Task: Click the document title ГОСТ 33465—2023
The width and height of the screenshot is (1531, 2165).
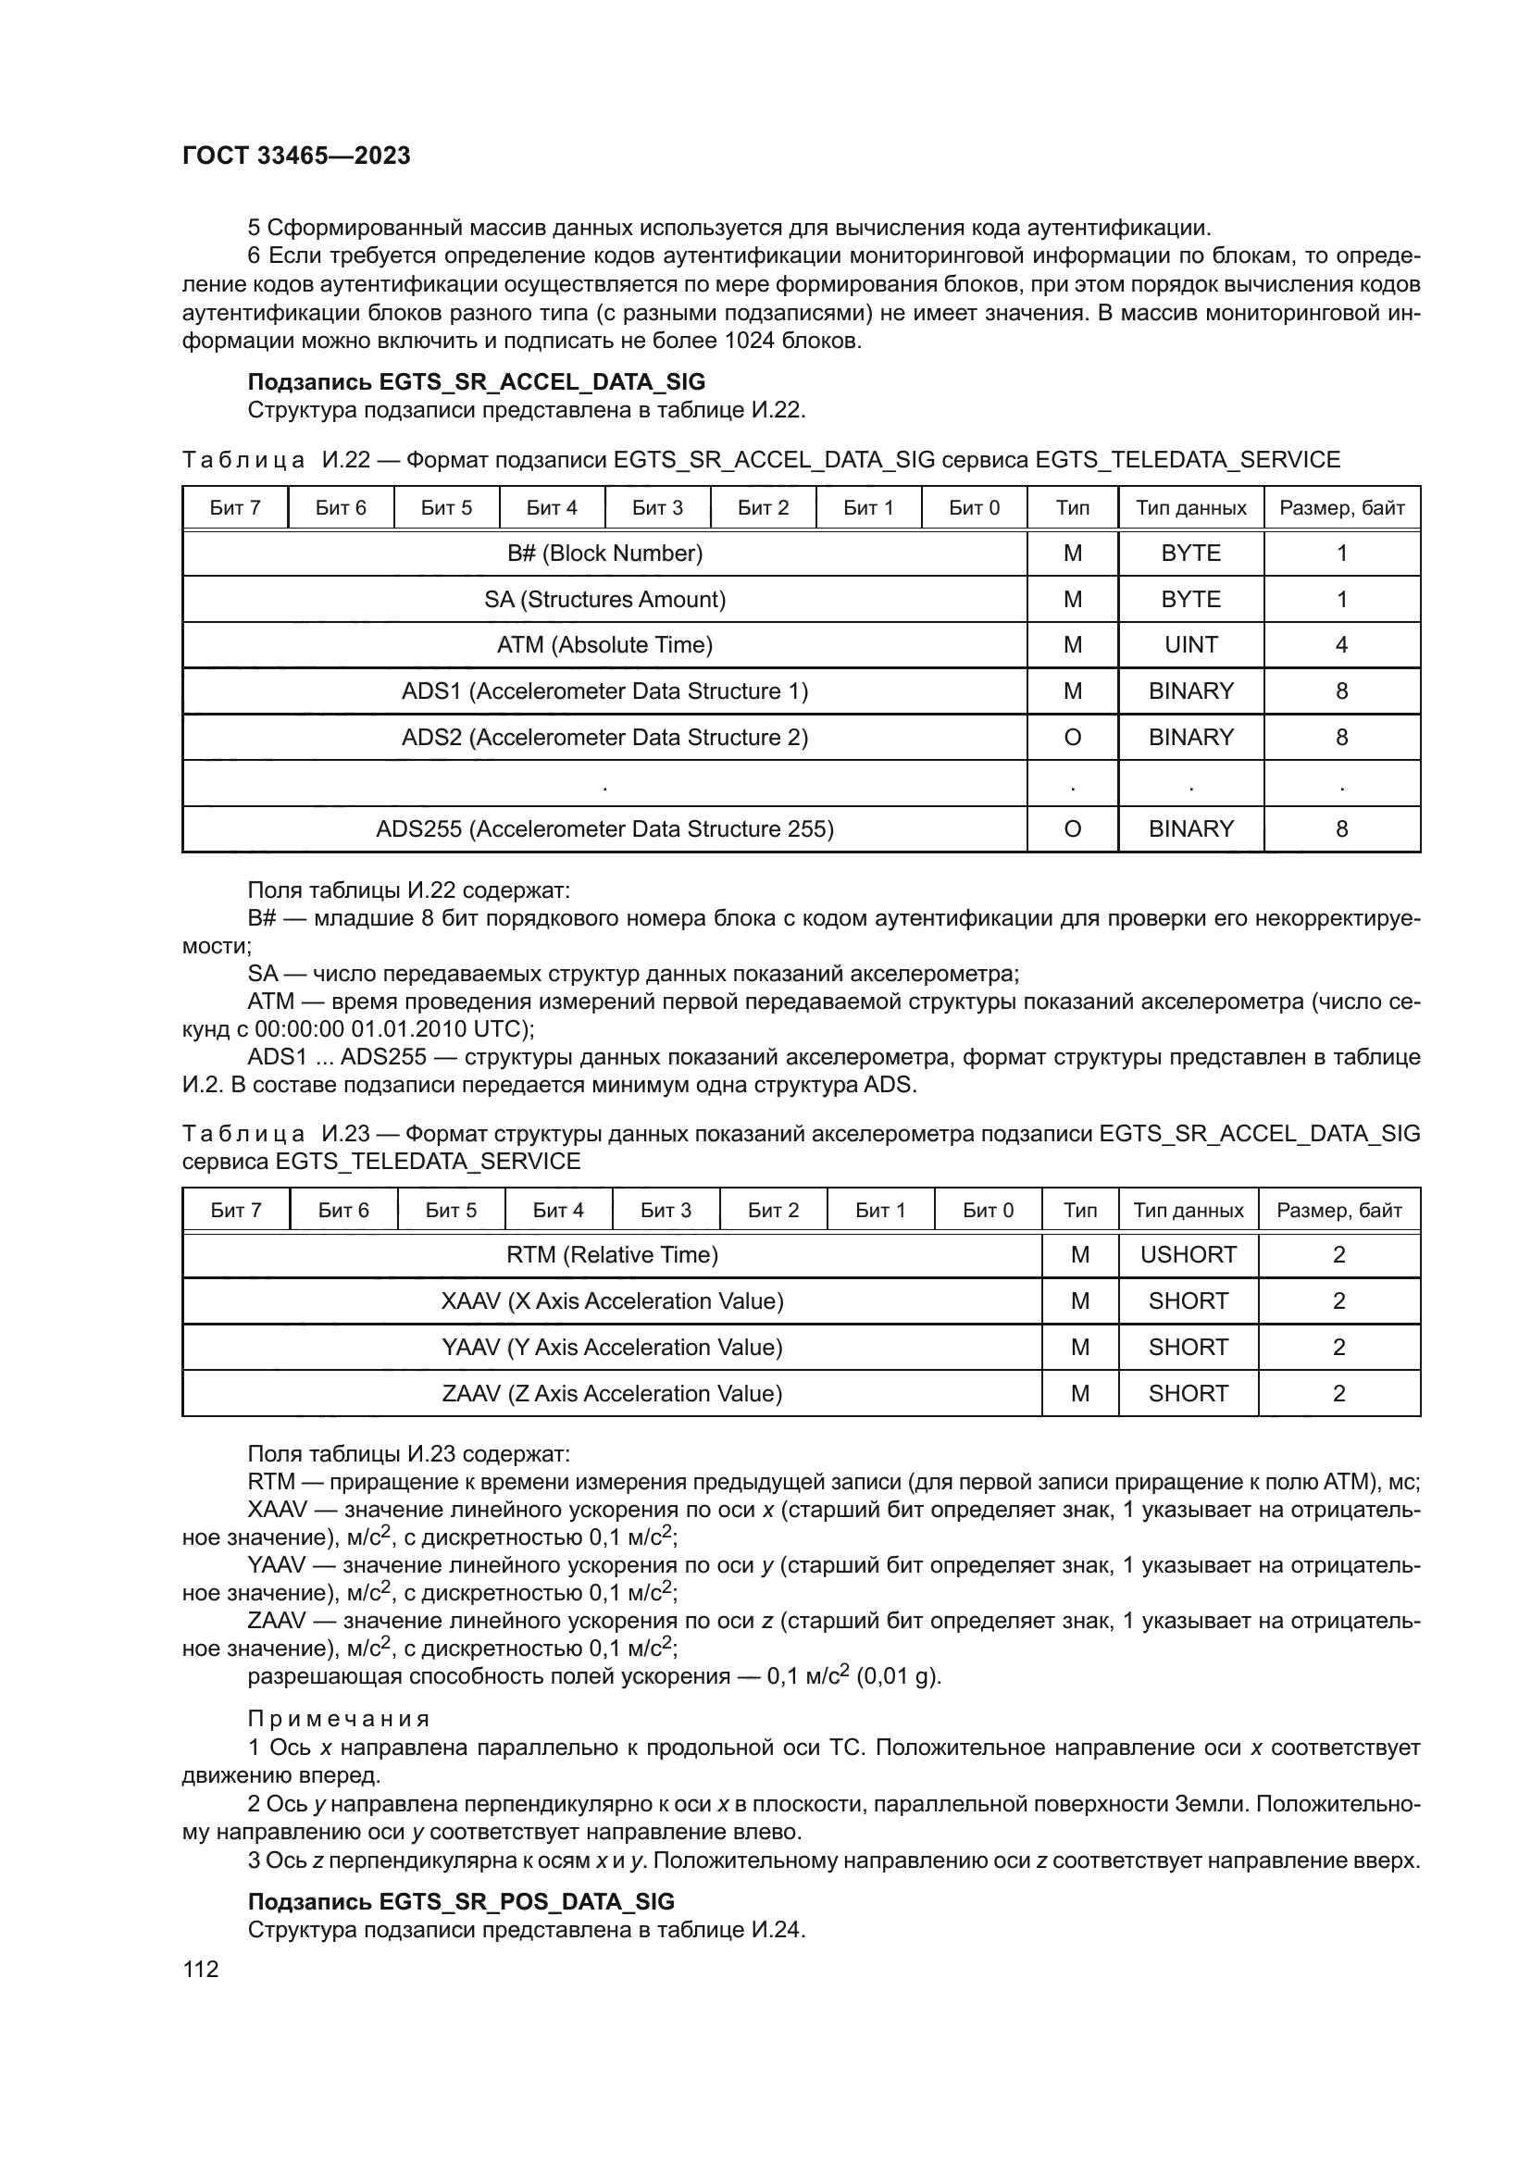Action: [296, 156]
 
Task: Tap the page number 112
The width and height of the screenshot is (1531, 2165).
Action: [201, 1969]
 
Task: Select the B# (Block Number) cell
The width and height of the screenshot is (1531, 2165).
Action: [604, 554]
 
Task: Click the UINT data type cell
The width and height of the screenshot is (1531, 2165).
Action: [1190, 645]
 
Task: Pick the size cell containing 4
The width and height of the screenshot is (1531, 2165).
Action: [1341, 645]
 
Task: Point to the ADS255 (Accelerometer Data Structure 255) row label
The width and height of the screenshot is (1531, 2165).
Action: [604, 828]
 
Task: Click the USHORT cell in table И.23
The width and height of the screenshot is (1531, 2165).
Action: [1188, 1255]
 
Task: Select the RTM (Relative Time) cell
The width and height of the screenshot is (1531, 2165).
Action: [612, 1255]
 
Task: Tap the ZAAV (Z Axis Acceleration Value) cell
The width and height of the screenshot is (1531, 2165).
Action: [612, 1394]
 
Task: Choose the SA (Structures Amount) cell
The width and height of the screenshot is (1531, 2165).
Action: [604, 600]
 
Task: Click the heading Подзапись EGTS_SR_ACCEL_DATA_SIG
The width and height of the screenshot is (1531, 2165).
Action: [476, 382]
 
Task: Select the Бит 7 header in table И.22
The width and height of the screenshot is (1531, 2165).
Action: [235, 508]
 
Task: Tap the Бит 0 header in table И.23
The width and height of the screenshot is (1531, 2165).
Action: [988, 1210]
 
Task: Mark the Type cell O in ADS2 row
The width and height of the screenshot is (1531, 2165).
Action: [1072, 738]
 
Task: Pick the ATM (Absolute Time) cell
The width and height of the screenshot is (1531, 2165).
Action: [604, 645]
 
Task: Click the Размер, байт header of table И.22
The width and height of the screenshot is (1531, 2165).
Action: [1341, 508]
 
